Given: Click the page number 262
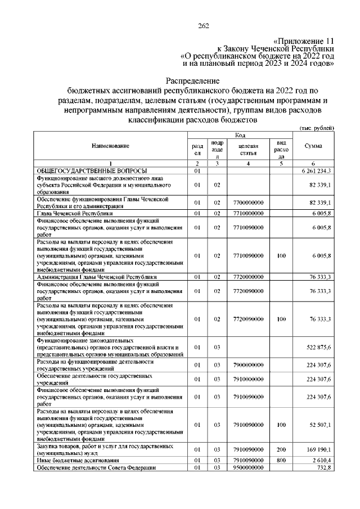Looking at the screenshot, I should (204, 25).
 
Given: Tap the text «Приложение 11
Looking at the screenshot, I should (303, 41).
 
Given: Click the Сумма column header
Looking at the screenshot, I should (313, 146).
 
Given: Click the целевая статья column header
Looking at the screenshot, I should (248, 150).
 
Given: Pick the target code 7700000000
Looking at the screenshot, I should (248, 202).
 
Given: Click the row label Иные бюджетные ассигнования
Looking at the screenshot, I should (76, 460).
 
